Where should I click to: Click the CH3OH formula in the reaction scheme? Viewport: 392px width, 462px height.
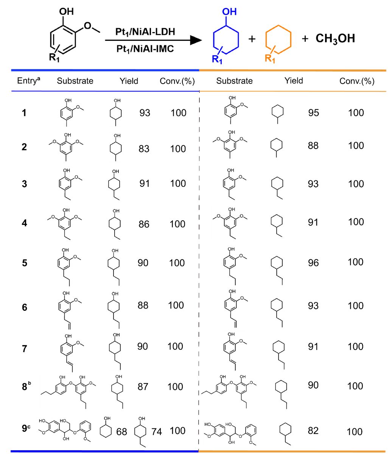click(335, 39)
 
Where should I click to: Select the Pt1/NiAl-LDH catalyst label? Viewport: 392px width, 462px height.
click(145, 32)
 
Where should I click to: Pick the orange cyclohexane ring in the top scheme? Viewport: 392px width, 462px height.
click(278, 38)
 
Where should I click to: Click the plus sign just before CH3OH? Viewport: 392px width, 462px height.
click(305, 39)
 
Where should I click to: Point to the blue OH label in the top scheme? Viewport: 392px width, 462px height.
click(229, 12)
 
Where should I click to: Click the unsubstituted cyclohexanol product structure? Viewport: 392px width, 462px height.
click(106, 427)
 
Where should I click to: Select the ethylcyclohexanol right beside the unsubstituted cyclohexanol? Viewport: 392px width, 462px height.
click(140, 431)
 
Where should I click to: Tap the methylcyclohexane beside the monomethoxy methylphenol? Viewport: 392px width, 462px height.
click(278, 114)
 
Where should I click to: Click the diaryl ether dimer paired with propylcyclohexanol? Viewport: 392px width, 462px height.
click(68, 392)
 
